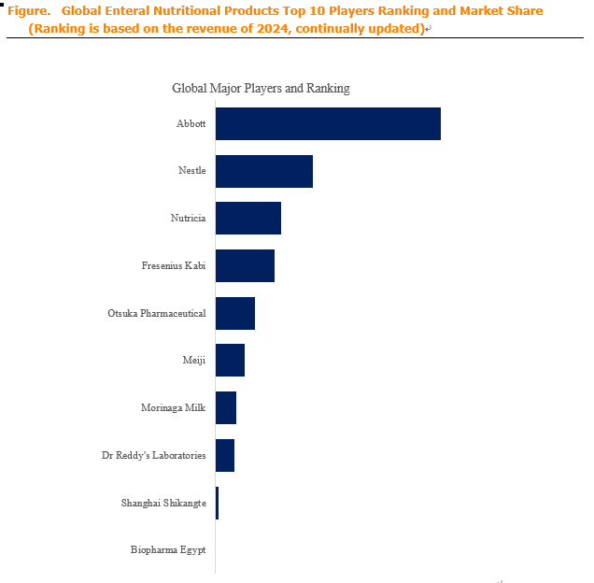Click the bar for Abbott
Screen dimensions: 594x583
[x=328, y=123]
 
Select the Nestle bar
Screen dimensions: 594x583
[x=264, y=171]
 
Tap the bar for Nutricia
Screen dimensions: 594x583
[x=248, y=219]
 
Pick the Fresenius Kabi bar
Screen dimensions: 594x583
[x=245, y=265]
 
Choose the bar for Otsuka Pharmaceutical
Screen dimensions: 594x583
[x=235, y=314]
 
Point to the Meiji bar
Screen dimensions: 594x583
[x=231, y=360]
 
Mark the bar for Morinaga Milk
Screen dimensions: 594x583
[x=226, y=408]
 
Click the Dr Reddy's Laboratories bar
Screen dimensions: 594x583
[x=225, y=455]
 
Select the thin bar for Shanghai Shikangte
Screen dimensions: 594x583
[x=217, y=503]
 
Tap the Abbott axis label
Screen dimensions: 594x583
[x=191, y=123]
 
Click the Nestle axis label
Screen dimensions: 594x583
[x=192, y=171]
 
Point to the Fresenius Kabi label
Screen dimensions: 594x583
[x=174, y=265]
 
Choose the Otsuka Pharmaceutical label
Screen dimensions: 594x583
[x=157, y=313]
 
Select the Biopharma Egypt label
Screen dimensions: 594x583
[x=168, y=550]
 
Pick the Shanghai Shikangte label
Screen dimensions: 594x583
[x=163, y=503]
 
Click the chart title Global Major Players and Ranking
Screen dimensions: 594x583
[x=261, y=89]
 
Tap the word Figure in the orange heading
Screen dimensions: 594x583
[x=29, y=11]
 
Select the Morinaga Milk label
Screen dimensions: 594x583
[x=173, y=408]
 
